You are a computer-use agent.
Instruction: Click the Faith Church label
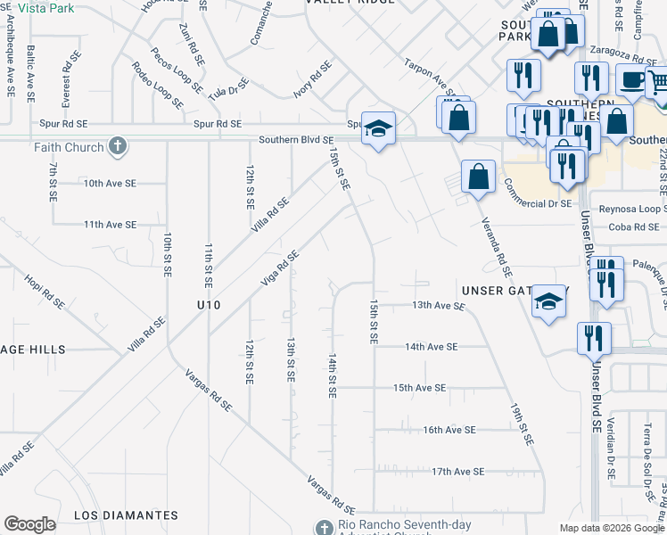(70, 147)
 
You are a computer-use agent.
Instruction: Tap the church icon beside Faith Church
(117, 145)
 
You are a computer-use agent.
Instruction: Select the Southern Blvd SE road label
(296, 140)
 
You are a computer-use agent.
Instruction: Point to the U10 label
(208, 305)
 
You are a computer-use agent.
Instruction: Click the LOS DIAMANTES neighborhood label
(126, 515)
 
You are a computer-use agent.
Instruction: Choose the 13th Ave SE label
(438, 305)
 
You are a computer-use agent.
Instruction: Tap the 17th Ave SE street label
(457, 471)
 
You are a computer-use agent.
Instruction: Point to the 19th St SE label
(523, 424)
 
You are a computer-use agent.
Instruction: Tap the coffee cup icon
(632, 79)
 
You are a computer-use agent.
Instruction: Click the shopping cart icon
(658, 83)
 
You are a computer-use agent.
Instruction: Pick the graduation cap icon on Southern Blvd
(378, 130)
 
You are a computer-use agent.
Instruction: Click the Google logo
(29, 524)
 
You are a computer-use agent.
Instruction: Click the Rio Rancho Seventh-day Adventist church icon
(325, 527)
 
